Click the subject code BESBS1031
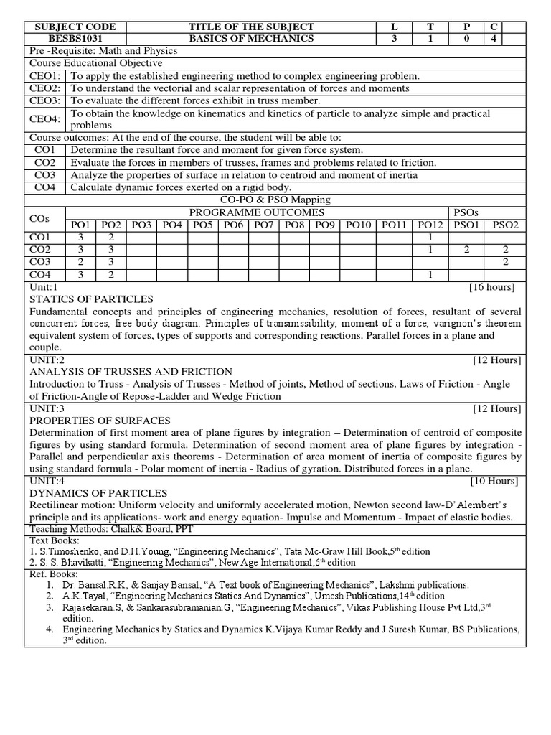pos(75,38)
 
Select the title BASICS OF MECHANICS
pos(251,38)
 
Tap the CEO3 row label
pos(46,100)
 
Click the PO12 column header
pos(430,225)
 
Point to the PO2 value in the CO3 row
pos(112,262)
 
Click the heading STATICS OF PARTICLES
pos(91,299)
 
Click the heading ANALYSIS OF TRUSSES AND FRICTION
pos(131,371)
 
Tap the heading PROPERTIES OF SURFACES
pos(100,420)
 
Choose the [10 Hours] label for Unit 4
pos(496,481)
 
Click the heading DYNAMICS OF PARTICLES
pos(98,493)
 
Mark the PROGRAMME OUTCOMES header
pos(256,212)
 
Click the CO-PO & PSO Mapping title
pos(275,200)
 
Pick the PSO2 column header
pos(504,225)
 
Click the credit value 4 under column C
pos(492,38)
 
